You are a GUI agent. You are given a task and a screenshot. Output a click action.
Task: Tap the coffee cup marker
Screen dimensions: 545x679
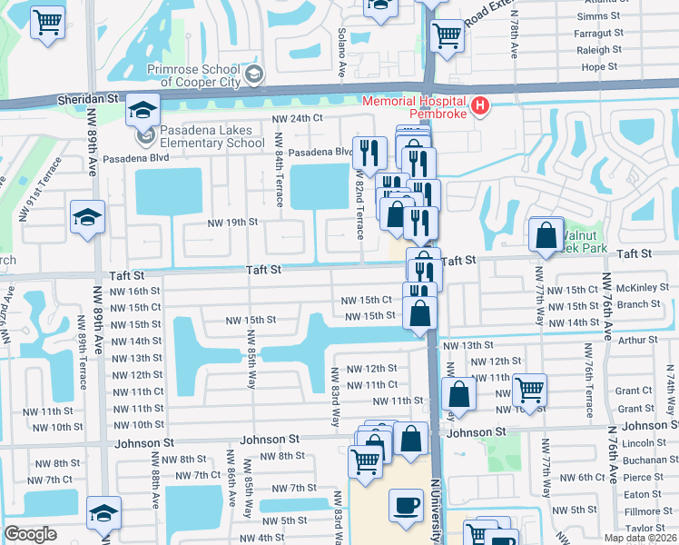tap(406, 504)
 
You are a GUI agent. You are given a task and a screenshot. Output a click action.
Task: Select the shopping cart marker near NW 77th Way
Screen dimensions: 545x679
tap(529, 390)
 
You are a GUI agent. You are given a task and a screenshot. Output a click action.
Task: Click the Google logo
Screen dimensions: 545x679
tap(30, 534)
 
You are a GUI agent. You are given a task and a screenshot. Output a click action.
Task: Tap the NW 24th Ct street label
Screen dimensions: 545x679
tap(298, 118)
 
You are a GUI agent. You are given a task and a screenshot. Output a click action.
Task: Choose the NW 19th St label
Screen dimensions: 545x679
tap(233, 222)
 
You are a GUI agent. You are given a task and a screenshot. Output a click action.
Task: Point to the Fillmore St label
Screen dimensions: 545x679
tap(647, 511)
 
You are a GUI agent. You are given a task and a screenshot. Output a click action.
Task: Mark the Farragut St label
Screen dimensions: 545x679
tap(598, 34)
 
